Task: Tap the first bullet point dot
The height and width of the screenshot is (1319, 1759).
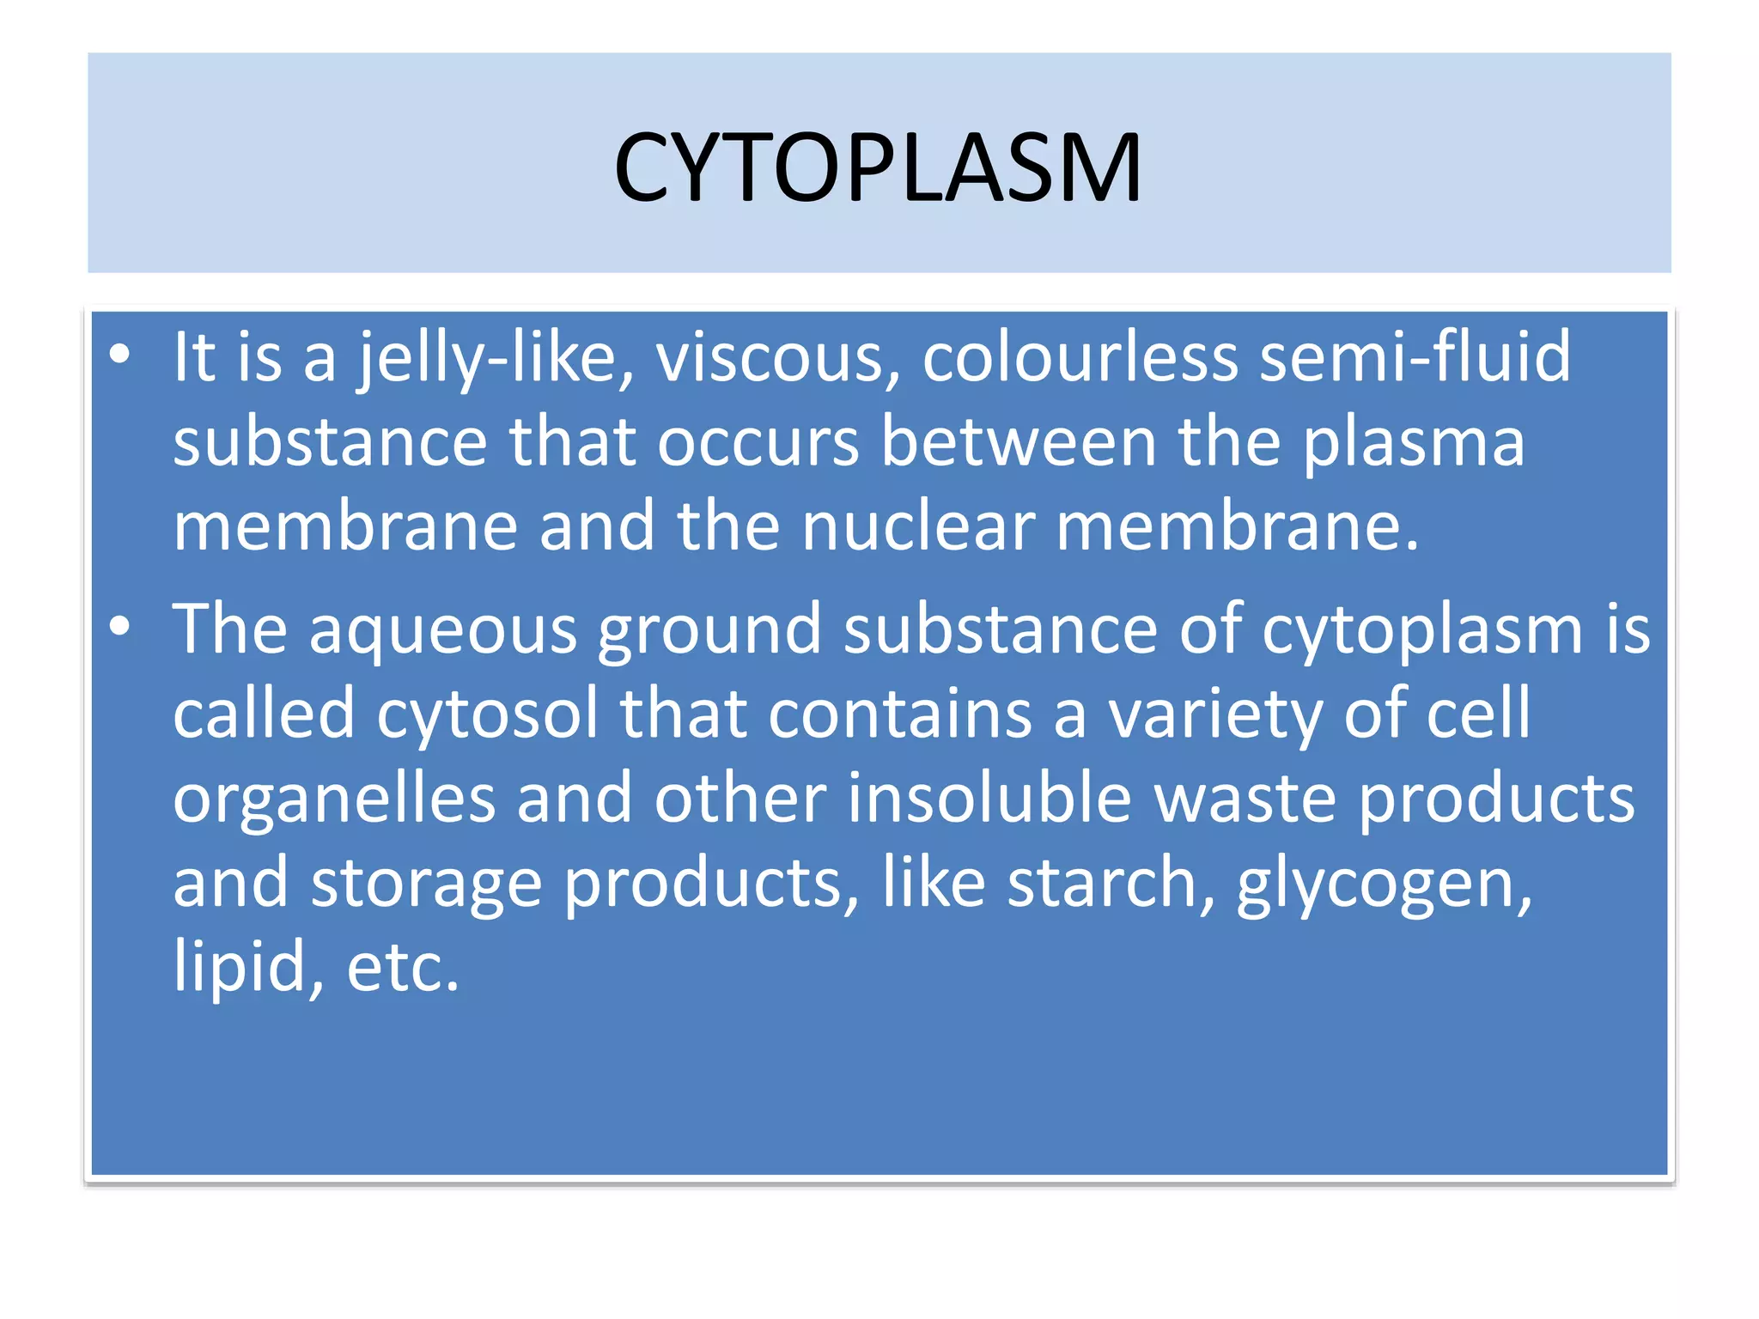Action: (x=120, y=354)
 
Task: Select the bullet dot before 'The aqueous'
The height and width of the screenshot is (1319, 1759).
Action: (x=120, y=626)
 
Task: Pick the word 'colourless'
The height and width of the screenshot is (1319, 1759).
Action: (x=1080, y=357)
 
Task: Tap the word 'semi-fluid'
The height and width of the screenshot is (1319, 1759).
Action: (x=1415, y=357)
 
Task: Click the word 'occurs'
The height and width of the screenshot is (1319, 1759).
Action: (x=758, y=442)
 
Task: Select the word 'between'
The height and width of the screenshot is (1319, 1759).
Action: (x=1019, y=442)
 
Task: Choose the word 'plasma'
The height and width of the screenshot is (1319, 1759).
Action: (x=1414, y=442)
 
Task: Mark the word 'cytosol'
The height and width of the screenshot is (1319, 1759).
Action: (x=487, y=714)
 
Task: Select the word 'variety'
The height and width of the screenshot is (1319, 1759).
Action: (x=1215, y=714)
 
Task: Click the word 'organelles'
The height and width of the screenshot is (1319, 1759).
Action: (x=334, y=799)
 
